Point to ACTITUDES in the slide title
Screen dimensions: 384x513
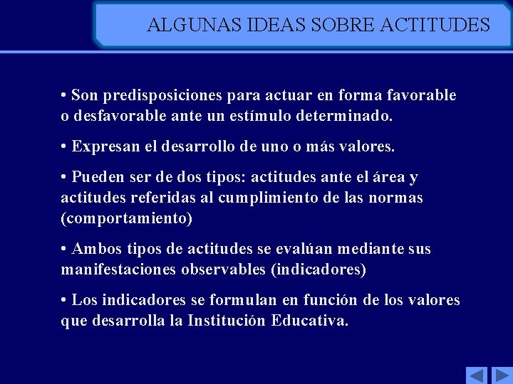[435, 26]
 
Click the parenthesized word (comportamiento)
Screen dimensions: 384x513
[127, 218]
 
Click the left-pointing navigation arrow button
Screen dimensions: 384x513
[476, 375]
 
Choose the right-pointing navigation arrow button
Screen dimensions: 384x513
[502, 375]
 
